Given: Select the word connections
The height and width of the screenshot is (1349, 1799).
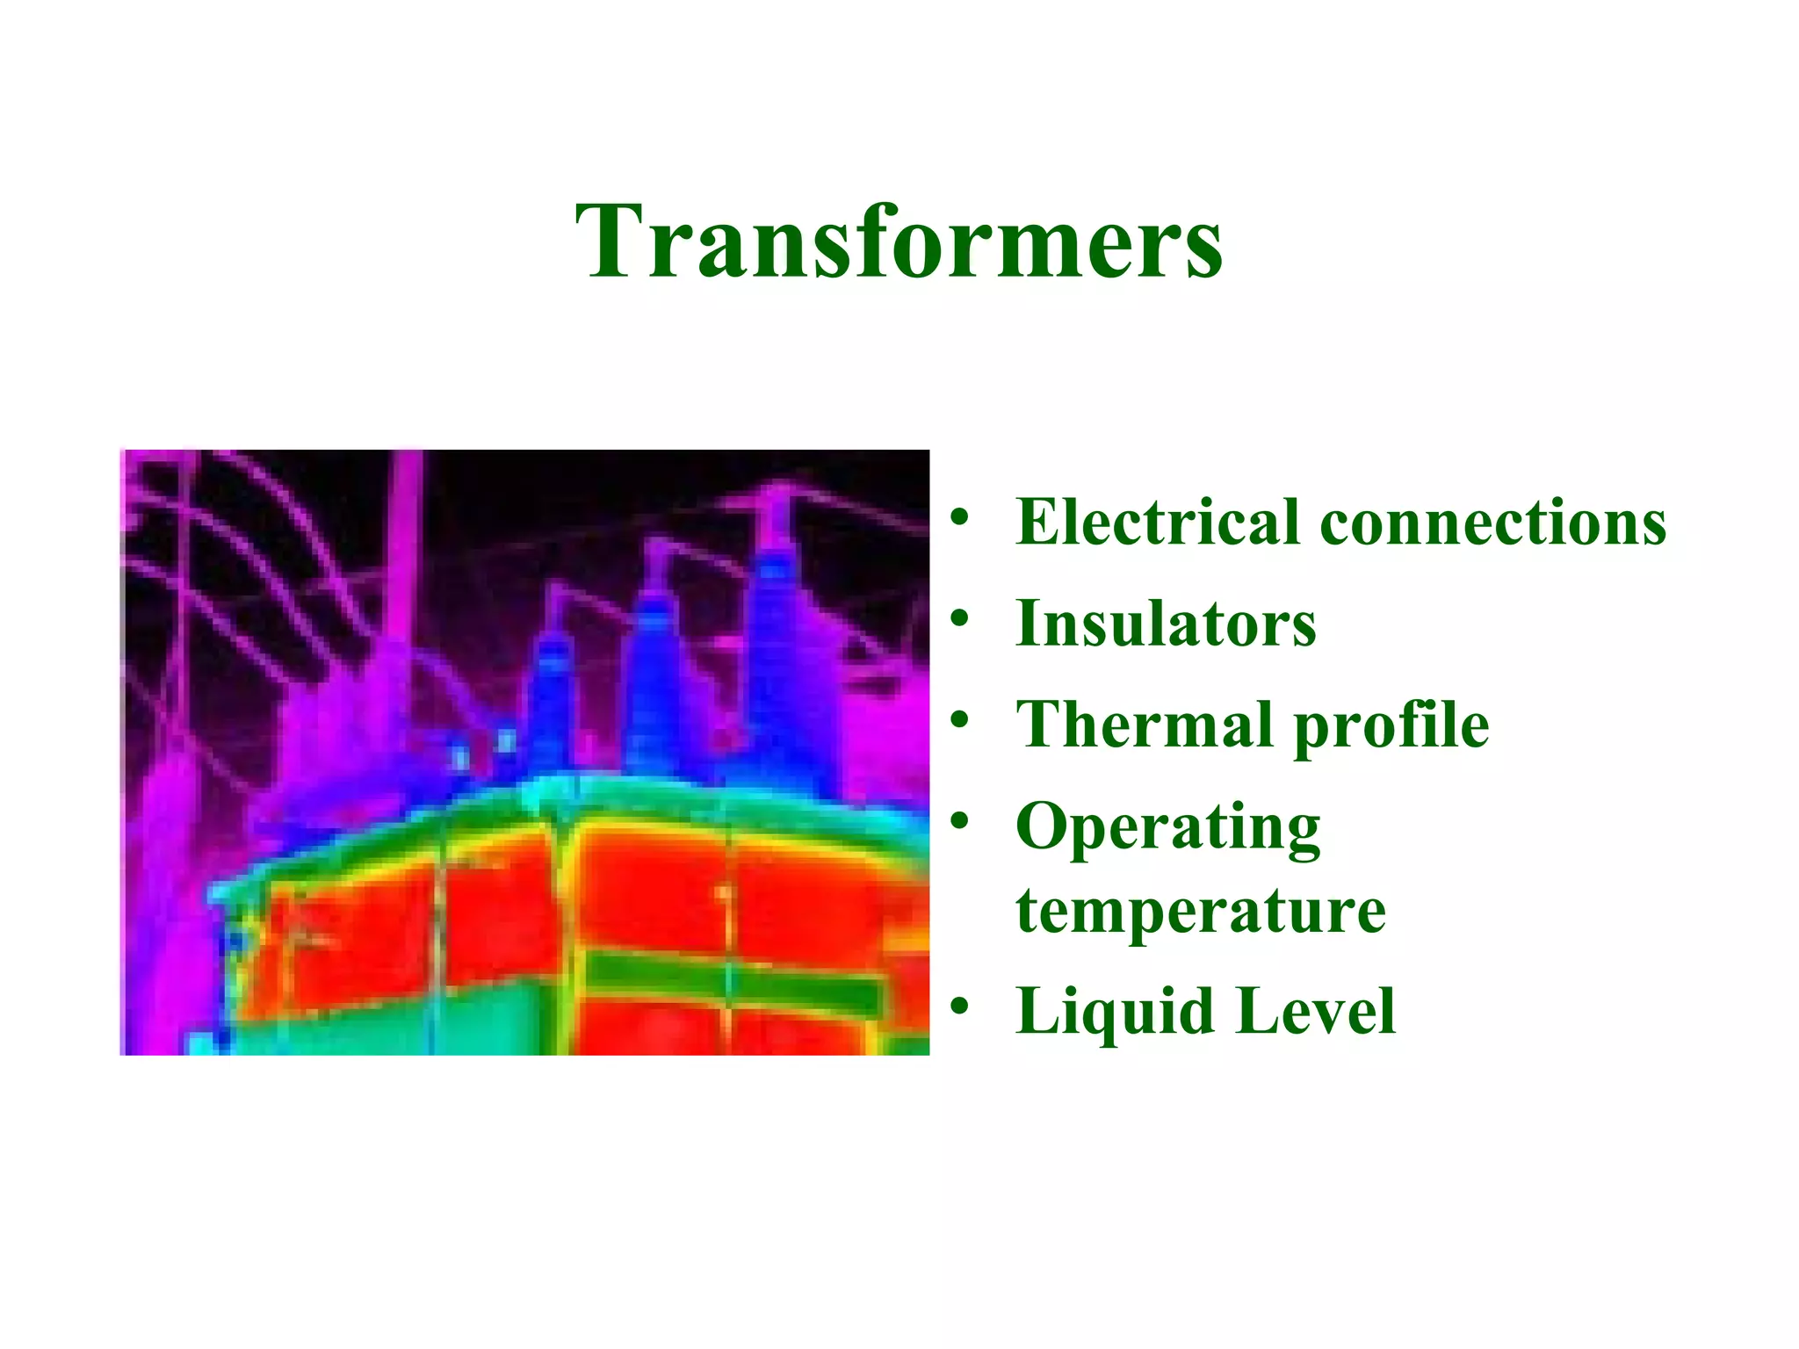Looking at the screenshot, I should pos(1492,522).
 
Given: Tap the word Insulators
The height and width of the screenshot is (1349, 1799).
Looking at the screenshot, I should pos(1166,623).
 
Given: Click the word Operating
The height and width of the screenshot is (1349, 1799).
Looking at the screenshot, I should pos(1167,827).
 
